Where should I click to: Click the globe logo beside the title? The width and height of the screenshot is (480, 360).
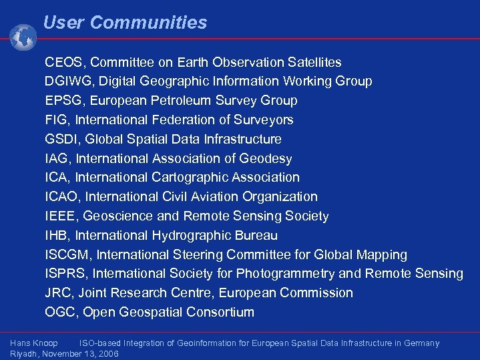[x=23, y=37]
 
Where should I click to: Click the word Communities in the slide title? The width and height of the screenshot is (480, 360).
[x=148, y=23]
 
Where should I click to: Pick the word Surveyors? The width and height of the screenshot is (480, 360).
[x=262, y=120]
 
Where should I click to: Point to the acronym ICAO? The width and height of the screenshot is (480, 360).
[x=62, y=197]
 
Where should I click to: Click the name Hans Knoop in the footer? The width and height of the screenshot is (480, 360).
[x=34, y=343]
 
